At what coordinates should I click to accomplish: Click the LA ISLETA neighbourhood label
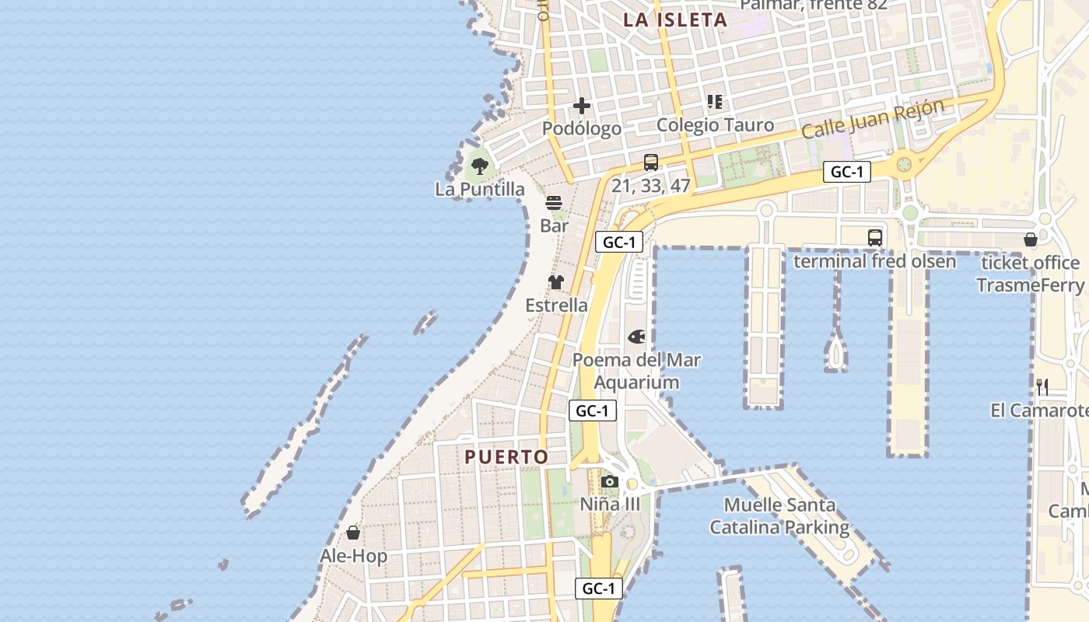click(675, 20)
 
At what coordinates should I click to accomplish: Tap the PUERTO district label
click(506, 457)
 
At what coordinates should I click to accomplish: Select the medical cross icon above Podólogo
click(582, 106)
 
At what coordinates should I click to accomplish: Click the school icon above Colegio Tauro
click(715, 102)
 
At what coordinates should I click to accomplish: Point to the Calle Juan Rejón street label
click(873, 118)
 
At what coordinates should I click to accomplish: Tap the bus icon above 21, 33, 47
click(651, 162)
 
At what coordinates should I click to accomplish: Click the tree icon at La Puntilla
click(480, 166)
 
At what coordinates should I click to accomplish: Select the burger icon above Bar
click(554, 203)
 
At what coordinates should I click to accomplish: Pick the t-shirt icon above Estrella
click(555, 282)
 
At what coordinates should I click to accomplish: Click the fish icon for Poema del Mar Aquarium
click(636, 337)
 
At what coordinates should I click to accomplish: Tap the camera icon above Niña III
click(610, 482)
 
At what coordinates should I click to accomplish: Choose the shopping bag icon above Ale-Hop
click(353, 533)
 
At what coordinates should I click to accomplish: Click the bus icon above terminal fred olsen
click(875, 238)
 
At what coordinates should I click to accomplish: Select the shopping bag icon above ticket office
click(1031, 239)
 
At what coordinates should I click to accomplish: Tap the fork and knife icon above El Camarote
click(1042, 386)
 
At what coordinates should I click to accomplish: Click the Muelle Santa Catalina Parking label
click(779, 516)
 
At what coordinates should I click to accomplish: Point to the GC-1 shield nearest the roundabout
click(846, 173)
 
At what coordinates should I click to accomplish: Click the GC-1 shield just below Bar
click(619, 243)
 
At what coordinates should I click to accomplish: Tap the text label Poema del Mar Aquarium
click(636, 371)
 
